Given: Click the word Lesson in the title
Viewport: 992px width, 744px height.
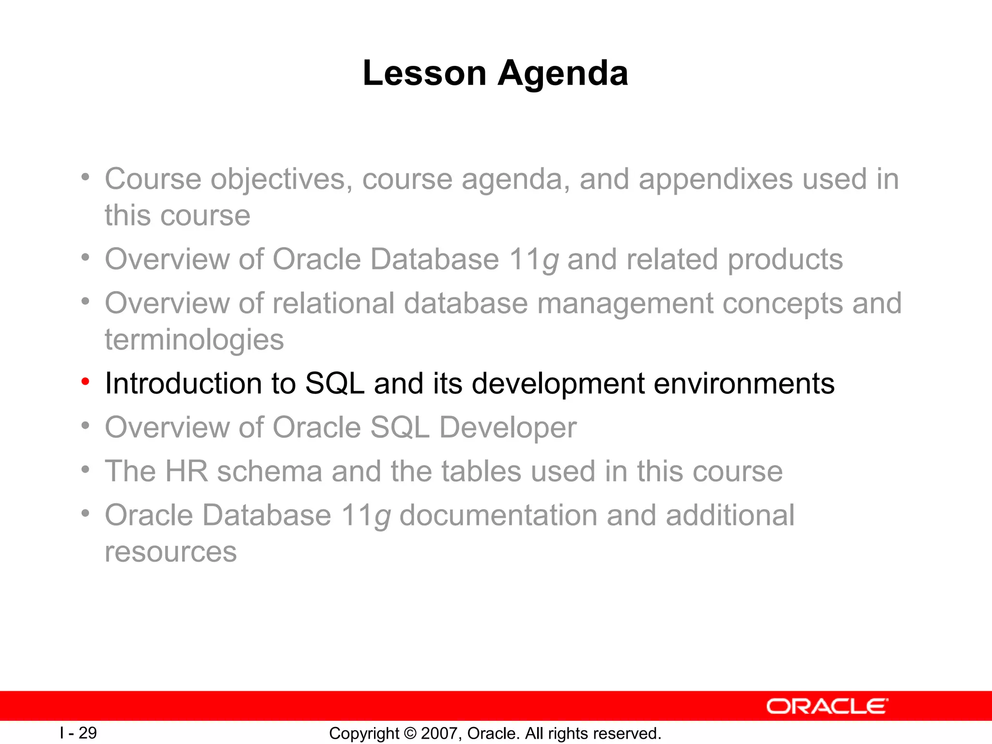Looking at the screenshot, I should (424, 74).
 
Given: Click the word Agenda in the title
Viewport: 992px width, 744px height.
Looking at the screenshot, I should (563, 74).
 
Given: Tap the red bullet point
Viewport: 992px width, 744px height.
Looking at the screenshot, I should (85, 382).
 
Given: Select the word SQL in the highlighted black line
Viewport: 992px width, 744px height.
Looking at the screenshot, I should (335, 384).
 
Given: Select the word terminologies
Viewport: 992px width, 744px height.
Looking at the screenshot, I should (194, 340).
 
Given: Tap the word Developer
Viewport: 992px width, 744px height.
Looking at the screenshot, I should (508, 428).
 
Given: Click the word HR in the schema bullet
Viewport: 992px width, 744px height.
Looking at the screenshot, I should (186, 471).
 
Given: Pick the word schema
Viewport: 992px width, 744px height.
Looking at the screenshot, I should (269, 471).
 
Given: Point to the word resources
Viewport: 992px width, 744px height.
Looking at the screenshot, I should (170, 552).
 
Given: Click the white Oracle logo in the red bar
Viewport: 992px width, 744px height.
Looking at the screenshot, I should (827, 706).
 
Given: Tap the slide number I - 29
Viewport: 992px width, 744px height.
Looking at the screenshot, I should (78, 733).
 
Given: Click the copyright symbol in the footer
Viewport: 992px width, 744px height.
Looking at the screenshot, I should (410, 733).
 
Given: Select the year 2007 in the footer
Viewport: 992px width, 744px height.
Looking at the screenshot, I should (439, 733).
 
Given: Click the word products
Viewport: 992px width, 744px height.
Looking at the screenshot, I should (785, 260).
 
